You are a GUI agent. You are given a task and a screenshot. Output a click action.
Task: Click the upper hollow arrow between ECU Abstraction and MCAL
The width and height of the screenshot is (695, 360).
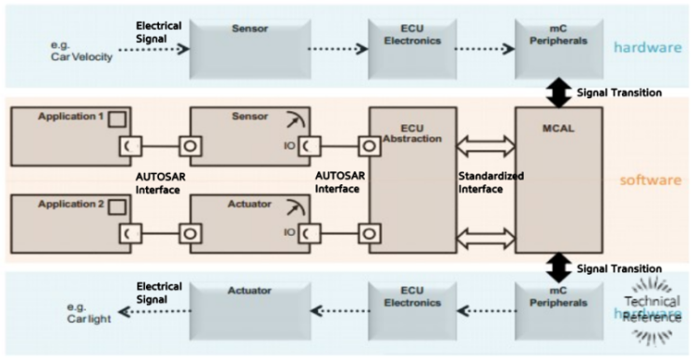point(485,145)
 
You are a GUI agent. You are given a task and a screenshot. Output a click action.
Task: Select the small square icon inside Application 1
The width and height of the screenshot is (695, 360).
point(117,119)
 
